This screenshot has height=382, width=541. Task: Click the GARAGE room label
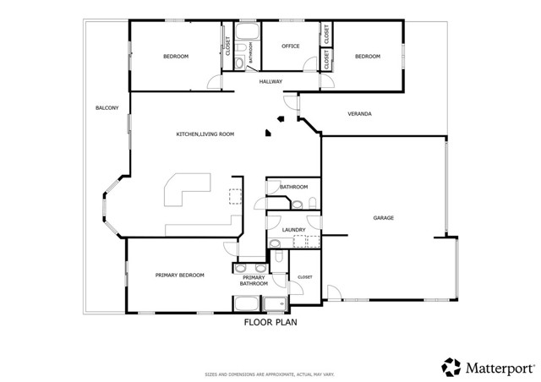tap(384, 218)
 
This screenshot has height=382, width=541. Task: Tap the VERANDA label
tap(360, 113)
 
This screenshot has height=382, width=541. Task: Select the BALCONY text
tap(107, 107)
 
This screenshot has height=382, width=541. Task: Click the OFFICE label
tap(291, 46)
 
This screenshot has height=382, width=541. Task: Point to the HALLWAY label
tap(270, 81)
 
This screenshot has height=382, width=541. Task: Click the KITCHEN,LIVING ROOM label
tap(205, 134)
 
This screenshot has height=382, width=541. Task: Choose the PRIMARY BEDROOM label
tap(179, 276)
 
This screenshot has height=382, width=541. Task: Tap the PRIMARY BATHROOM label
tap(254, 281)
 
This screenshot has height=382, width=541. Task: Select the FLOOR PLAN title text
tap(270, 322)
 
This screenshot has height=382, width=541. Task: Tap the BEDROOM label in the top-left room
tap(176, 56)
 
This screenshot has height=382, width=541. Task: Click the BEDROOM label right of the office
tap(368, 56)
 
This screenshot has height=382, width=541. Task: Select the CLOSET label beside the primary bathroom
tap(304, 276)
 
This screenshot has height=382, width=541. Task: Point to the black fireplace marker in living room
tap(269, 132)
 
